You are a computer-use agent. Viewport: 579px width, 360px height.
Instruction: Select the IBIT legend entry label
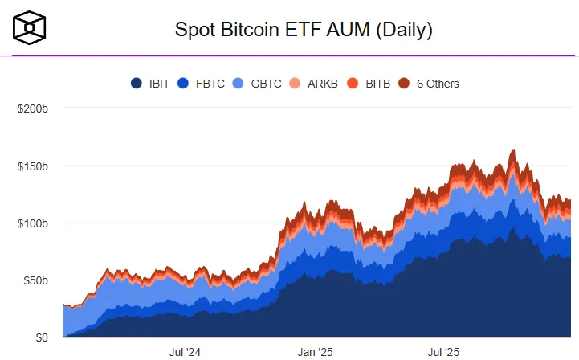click(159, 84)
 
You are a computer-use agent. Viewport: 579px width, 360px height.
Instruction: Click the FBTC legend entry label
click(211, 84)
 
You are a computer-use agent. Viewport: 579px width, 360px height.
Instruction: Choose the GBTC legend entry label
click(266, 84)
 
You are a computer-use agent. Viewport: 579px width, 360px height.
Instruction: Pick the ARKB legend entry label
click(323, 84)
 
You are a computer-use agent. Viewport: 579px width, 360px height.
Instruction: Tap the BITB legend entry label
click(377, 84)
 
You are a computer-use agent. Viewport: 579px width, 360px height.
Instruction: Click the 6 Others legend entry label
click(438, 84)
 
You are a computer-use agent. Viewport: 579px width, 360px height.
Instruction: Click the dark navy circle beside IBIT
click(137, 84)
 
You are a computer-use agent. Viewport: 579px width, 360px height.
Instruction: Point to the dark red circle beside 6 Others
click(405, 84)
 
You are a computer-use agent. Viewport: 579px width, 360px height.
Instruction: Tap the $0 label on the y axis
click(41, 337)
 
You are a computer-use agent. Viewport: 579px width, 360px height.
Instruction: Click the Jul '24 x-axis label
click(186, 352)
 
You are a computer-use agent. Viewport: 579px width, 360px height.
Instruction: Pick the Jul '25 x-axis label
click(442, 352)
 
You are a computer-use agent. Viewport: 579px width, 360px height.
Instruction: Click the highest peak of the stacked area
click(513, 151)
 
